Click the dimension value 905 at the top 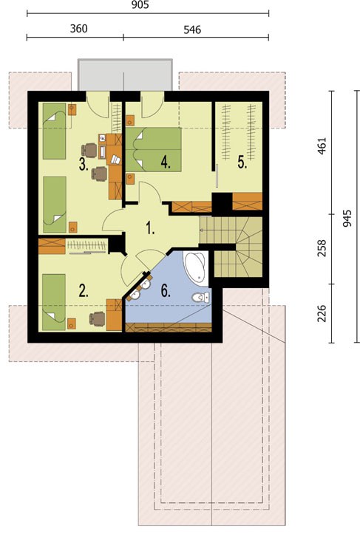point(140,4)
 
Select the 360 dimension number point(79,29)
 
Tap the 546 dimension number point(192,30)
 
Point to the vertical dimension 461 point(322,146)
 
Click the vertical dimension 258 point(322,248)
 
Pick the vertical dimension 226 point(322,314)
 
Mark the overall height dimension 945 point(347,219)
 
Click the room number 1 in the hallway point(150,227)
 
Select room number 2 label point(84,291)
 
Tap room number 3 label point(84,165)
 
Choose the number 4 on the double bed point(166,162)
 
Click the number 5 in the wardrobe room point(242,162)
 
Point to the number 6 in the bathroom point(166,291)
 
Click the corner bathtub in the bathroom point(195,267)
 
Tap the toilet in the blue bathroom point(200,298)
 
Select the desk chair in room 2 point(97,319)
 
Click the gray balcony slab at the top point(125,75)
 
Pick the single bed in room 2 point(54,302)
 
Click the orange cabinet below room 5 point(248,202)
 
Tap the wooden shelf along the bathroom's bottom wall point(169,328)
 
